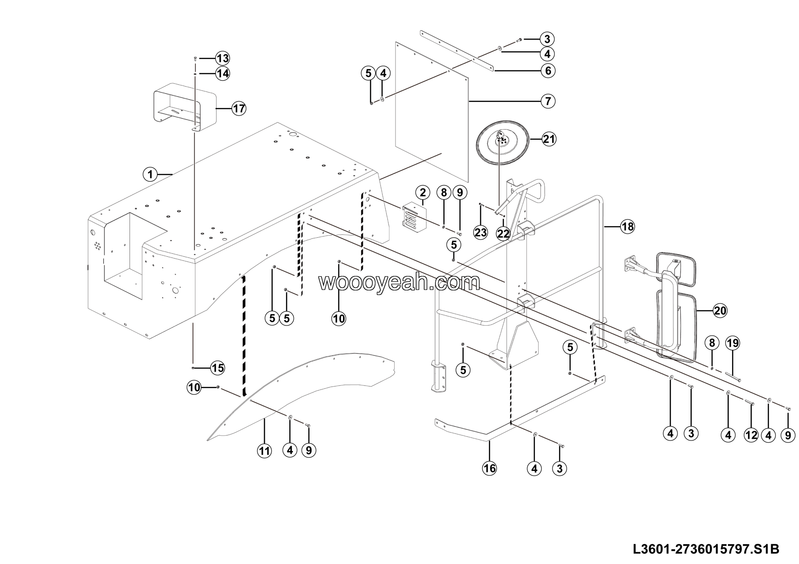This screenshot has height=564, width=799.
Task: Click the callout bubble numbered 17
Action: coord(239,109)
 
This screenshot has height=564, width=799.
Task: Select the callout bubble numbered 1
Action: coord(150,174)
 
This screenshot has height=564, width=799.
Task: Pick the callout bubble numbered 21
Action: coord(549,139)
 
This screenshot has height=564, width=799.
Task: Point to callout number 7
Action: coord(548,101)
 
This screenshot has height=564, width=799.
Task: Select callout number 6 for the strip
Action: coord(548,70)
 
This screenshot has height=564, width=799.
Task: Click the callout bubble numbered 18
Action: coord(627,227)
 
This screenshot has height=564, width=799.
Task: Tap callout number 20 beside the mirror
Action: coord(720,310)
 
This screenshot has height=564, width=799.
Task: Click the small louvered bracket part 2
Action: coord(414,218)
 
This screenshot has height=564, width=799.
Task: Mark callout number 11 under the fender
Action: coord(264,451)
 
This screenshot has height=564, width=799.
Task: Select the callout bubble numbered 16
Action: coord(489,468)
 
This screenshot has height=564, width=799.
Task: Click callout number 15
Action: coord(218,368)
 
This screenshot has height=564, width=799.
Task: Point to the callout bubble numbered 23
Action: coord(481,232)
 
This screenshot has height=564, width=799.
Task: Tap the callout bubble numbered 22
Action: coord(503,234)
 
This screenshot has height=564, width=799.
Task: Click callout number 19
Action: coord(733,343)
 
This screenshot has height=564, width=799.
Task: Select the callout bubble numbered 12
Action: coord(751,435)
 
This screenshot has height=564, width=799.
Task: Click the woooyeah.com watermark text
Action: coord(399,282)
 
